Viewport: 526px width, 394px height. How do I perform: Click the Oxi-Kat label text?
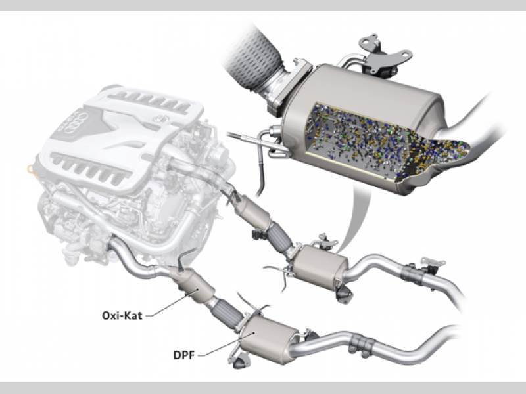[x=122, y=316]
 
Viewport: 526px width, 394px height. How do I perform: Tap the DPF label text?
[x=184, y=355]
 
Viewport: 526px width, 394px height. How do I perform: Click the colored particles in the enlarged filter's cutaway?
[x=386, y=141]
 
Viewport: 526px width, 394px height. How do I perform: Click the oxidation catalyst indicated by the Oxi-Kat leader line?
[x=194, y=286]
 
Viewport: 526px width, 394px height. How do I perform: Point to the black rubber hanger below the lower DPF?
[x=242, y=362]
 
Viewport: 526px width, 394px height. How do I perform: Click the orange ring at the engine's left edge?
[x=30, y=170]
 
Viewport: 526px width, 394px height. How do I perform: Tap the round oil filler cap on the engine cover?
[x=161, y=118]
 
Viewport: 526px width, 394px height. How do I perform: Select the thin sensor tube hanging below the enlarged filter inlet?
[x=260, y=167]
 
